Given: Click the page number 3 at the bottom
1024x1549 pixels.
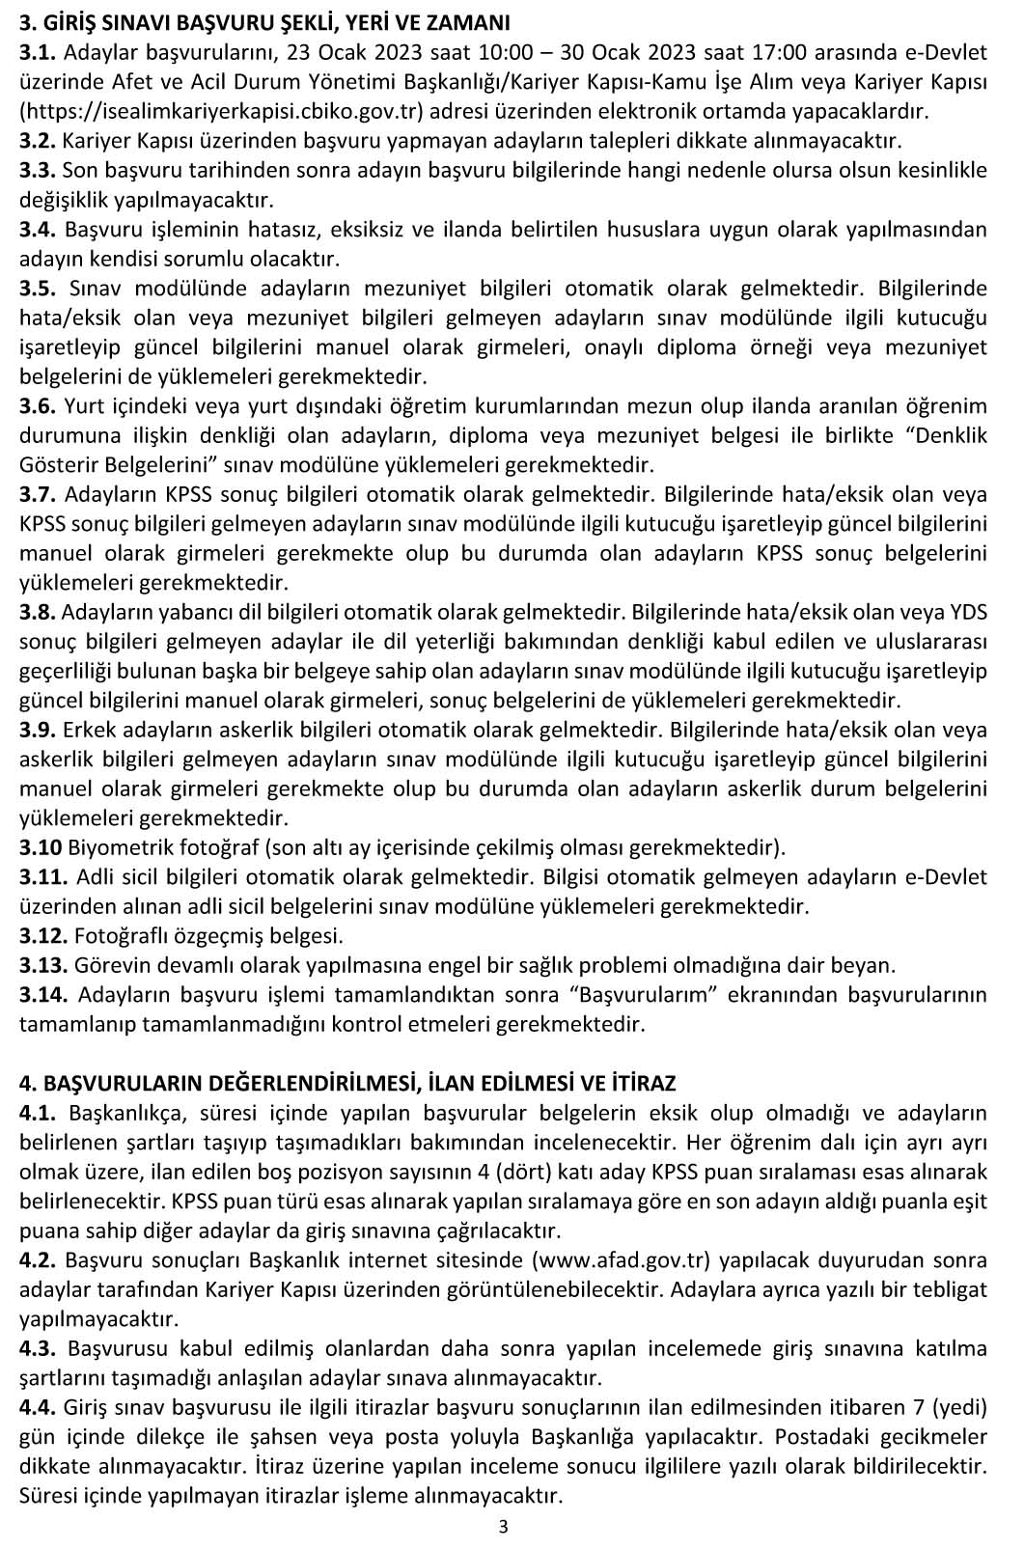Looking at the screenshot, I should (503, 1526).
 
